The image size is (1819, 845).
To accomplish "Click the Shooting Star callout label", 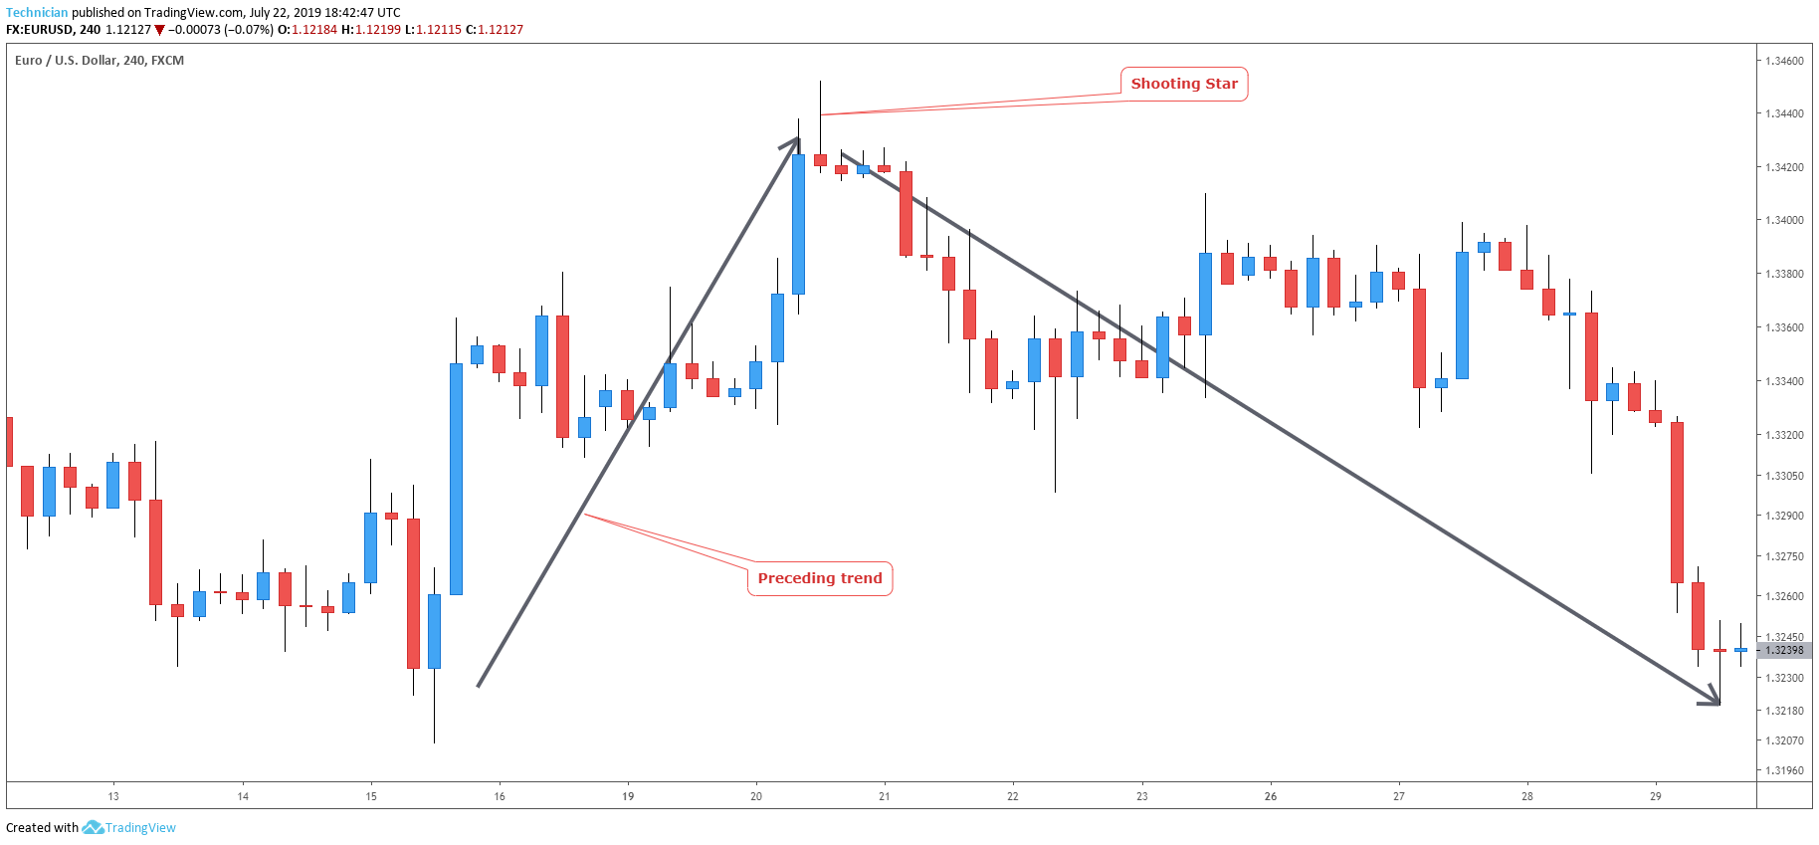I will (1184, 84).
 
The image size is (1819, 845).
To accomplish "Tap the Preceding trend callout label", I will (819, 578).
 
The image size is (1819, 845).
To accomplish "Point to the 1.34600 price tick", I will (1783, 61).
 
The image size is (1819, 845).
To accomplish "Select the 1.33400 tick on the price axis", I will (1783, 381).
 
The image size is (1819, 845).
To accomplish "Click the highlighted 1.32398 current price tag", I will (1784, 650).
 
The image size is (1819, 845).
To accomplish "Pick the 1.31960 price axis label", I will (1783, 770).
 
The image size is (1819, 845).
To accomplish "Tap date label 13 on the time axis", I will (113, 796).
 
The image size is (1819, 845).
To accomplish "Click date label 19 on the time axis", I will (628, 796).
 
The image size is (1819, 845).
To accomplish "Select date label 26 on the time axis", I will (1271, 796).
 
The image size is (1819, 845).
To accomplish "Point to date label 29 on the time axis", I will (1656, 796).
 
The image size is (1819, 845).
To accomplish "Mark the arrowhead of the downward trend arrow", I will (1713, 701).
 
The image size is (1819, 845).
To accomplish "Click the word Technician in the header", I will (37, 13).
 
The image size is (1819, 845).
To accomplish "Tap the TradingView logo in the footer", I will (130, 827).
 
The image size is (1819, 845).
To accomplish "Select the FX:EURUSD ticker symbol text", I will (40, 30).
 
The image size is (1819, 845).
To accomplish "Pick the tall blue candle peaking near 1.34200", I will (798, 224).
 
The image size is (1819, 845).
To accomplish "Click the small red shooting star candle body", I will (820, 159).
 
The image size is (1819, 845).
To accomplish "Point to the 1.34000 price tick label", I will (1783, 220).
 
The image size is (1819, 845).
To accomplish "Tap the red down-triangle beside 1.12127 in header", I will (159, 30).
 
